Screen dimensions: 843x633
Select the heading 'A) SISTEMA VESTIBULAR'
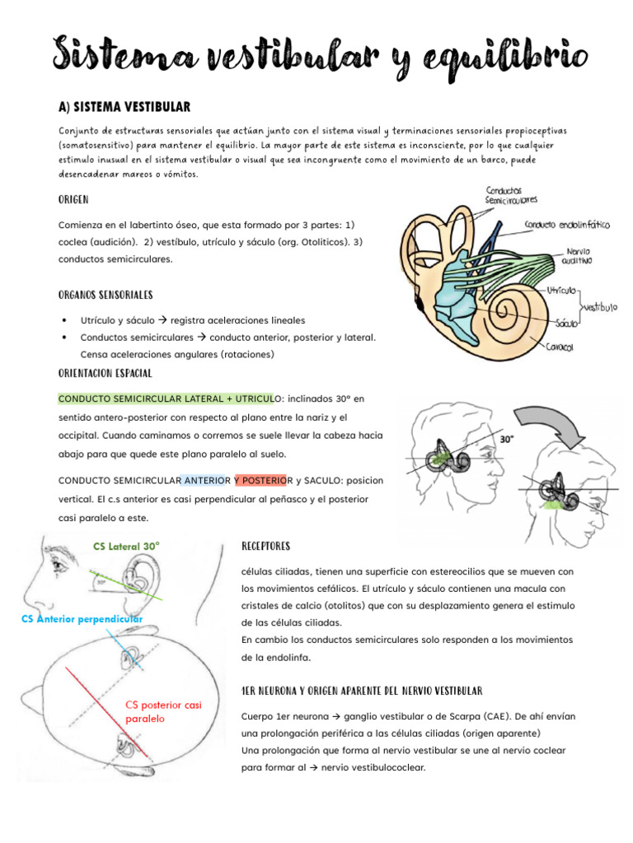point(124,107)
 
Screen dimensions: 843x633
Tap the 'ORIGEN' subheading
point(73,200)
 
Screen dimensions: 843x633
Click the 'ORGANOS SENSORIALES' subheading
point(105,295)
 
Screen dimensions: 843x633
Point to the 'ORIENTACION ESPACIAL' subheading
point(105,373)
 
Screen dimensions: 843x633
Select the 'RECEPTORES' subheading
point(265,547)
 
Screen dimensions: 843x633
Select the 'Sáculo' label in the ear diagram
point(565,323)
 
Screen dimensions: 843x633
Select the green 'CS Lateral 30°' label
point(126,546)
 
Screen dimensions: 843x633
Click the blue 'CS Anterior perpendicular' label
point(81,618)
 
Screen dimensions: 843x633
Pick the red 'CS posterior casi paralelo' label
point(162,711)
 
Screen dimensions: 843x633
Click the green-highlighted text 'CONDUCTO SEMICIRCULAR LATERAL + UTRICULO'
point(166,398)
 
